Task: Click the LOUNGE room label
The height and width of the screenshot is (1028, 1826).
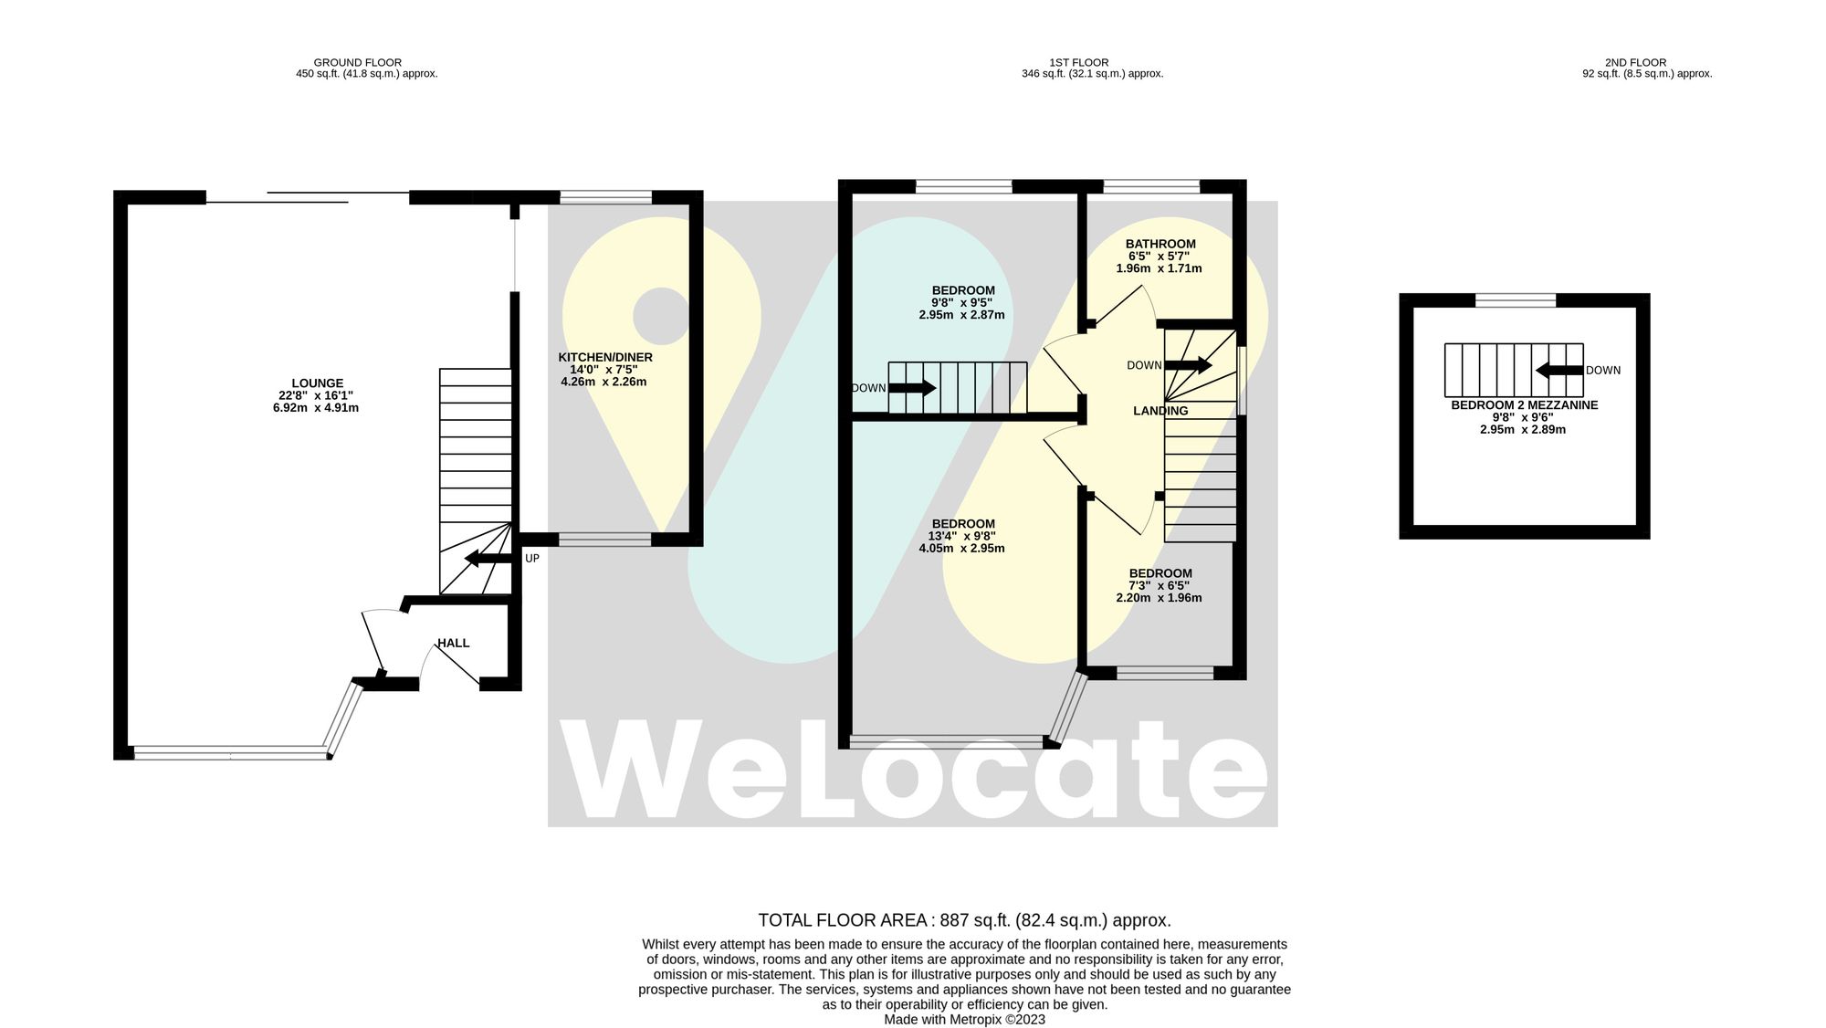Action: pyautogui.click(x=317, y=383)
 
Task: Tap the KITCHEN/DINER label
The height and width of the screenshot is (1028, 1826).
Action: pyautogui.click(x=604, y=357)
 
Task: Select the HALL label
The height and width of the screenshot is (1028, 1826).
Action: pyautogui.click(x=453, y=643)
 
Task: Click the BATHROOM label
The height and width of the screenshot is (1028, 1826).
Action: pyautogui.click(x=1160, y=244)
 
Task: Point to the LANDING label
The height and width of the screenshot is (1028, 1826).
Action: pyautogui.click(x=1160, y=411)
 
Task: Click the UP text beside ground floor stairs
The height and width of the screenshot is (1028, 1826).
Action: pyautogui.click(x=531, y=558)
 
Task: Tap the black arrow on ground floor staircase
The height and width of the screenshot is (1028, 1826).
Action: pyautogui.click(x=488, y=559)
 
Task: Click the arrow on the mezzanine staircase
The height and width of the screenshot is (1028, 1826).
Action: pyautogui.click(x=1558, y=370)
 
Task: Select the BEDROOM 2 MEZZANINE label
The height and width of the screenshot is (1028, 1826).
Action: pyautogui.click(x=1524, y=404)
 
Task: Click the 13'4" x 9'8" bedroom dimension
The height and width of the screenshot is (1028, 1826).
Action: pyautogui.click(x=961, y=536)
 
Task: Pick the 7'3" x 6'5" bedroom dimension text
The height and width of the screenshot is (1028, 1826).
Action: pyautogui.click(x=1159, y=585)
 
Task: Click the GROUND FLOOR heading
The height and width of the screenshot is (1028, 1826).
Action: pyautogui.click(x=358, y=62)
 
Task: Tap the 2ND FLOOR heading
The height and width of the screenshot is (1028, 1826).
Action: pyautogui.click(x=1636, y=62)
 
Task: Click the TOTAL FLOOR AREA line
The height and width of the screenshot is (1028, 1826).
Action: pyautogui.click(x=964, y=920)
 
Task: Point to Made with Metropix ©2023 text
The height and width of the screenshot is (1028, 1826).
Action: pyautogui.click(x=964, y=1019)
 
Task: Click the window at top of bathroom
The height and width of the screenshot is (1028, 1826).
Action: pyautogui.click(x=1150, y=187)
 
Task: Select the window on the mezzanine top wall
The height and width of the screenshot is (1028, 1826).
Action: pyautogui.click(x=1515, y=300)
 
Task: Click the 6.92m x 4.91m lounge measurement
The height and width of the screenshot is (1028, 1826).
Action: pyautogui.click(x=315, y=408)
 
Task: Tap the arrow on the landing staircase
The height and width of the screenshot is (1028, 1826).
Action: pyautogui.click(x=1188, y=365)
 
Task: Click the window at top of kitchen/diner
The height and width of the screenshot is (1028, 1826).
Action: pyautogui.click(x=605, y=197)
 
